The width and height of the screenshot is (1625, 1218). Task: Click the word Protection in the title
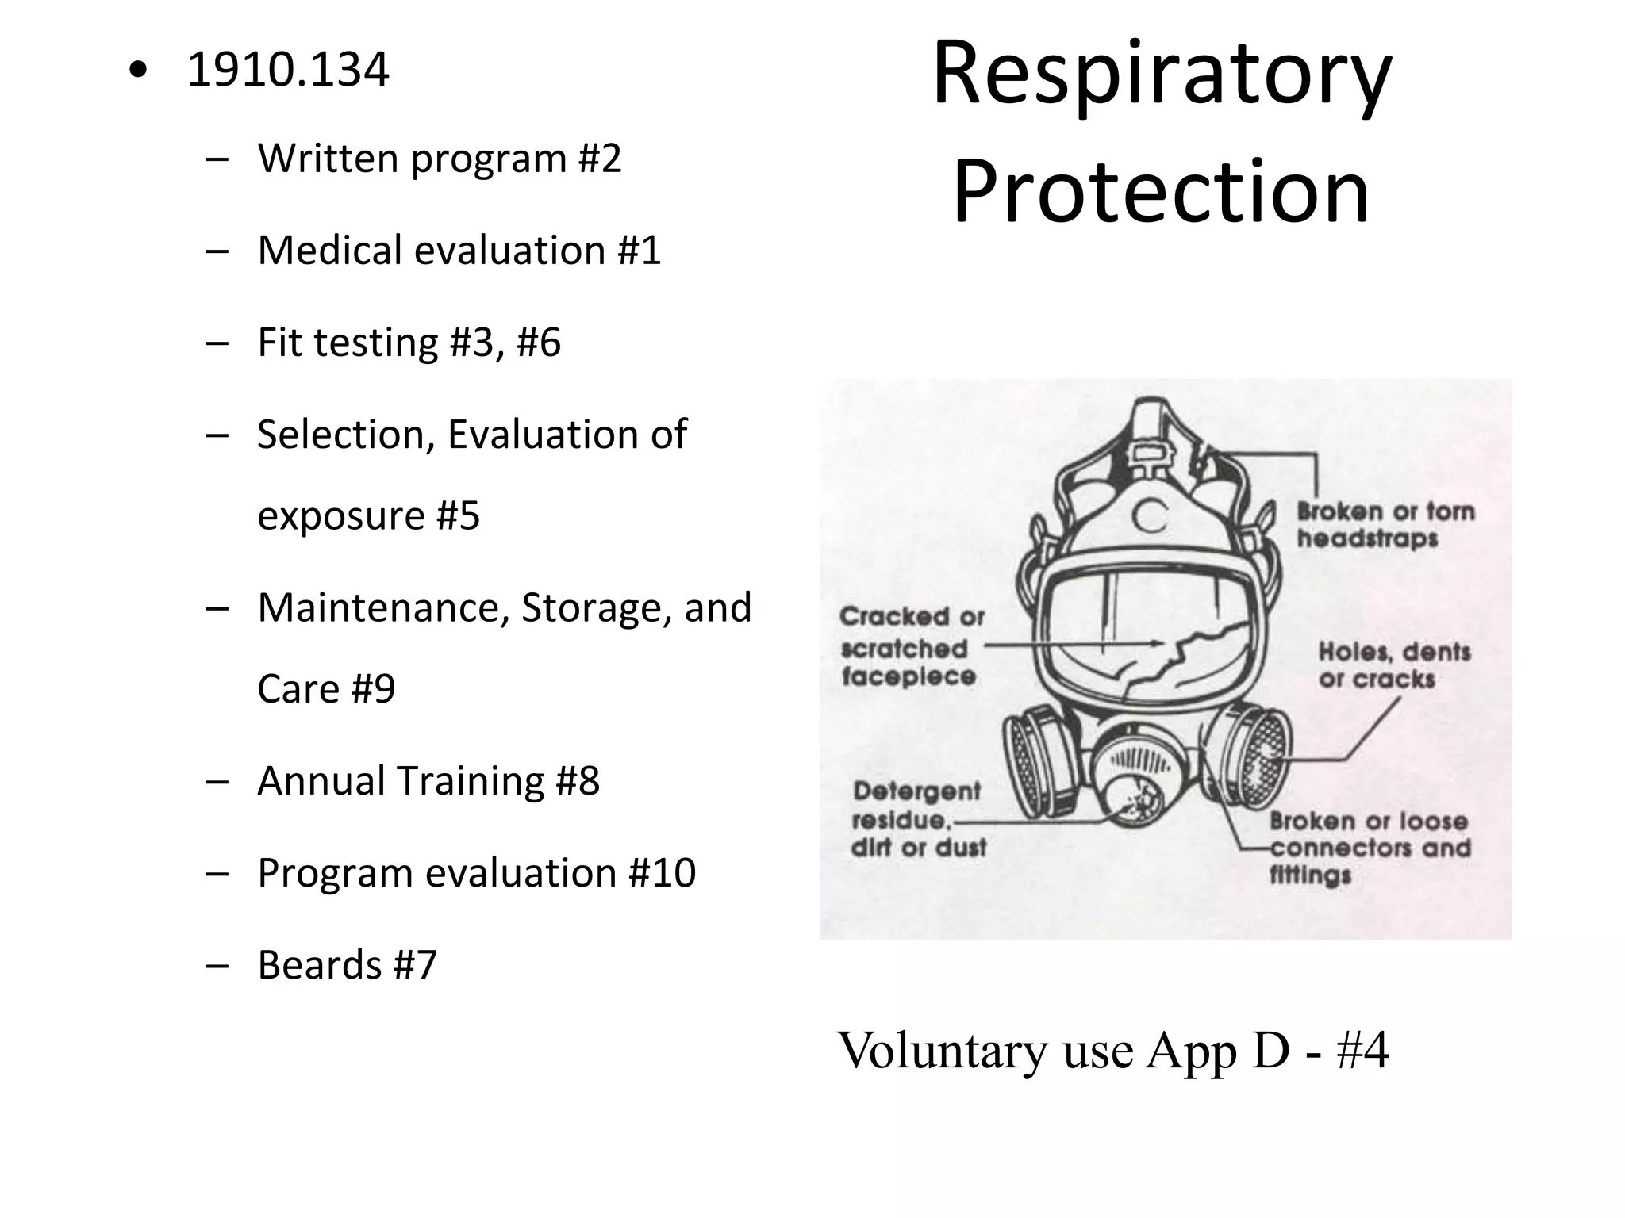pyautogui.click(x=1162, y=191)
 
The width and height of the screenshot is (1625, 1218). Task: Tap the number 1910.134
pyautogui.click(x=288, y=70)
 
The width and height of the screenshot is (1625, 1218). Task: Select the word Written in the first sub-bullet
pyautogui.click(x=328, y=158)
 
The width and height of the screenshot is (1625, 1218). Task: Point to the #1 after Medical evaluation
pyautogui.click(x=640, y=250)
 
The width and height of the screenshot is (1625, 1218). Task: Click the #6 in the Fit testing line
pyautogui.click(x=539, y=343)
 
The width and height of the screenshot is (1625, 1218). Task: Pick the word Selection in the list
pyautogui.click(x=346, y=435)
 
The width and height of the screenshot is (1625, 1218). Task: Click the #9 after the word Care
pyautogui.click(x=373, y=688)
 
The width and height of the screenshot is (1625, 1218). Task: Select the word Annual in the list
pyautogui.click(x=321, y=780)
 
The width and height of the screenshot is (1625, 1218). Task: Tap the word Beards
pyautogui.click(x=320, y=965)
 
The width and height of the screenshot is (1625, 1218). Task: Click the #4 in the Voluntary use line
pyautogui.click(x=1362, y=1050)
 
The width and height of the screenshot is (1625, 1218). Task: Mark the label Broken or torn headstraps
pyautogui.click(x=1385, y=525)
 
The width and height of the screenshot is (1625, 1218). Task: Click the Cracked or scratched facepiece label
pyautogui.click(x=911, y=646)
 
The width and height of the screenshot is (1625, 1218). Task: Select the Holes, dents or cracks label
pyautogui.click(x=1394, y=665)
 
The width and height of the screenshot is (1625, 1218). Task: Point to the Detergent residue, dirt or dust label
pyautogui.click(x=917, y=819)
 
